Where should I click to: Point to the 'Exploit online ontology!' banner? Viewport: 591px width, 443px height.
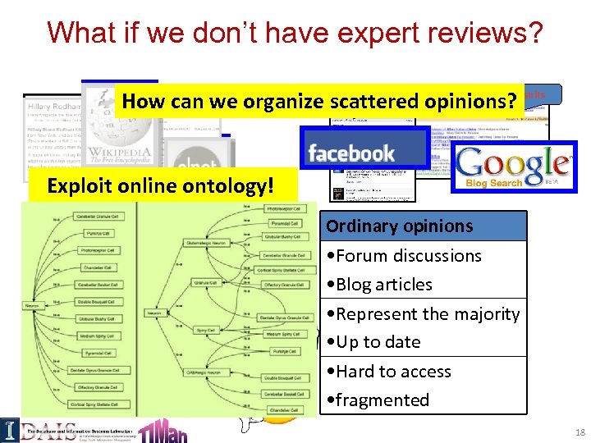[x=160, y=185]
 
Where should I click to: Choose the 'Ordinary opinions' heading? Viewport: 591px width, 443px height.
[x=399, y=226]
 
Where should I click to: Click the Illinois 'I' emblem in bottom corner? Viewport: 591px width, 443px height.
[x=9, y=427]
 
